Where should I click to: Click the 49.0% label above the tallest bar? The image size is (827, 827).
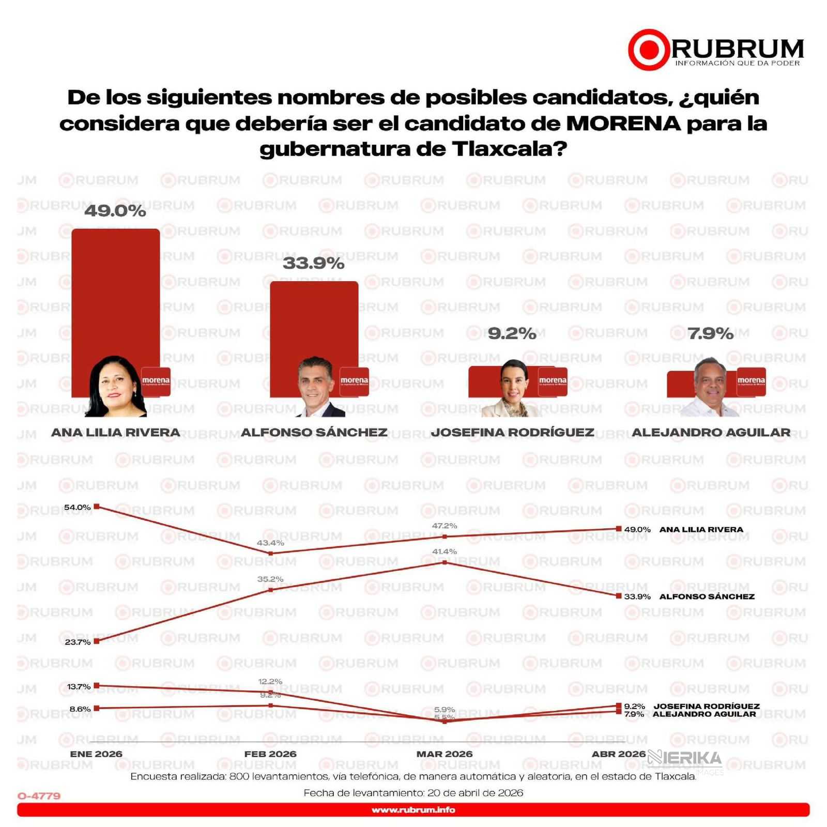(x=115, y=211)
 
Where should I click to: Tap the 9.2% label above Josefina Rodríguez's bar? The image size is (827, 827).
(x=512, y=334)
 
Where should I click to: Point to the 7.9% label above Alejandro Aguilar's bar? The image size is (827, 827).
(x=710, y=334)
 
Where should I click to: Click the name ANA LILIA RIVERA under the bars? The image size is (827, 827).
(x=116, y=432)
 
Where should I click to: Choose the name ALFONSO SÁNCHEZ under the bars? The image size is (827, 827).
(x=314, y=432)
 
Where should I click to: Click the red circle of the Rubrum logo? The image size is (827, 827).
(x=649, y=50)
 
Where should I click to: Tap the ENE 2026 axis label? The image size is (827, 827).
(x=96, y=754)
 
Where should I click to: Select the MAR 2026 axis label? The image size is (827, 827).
(x=445, y=754)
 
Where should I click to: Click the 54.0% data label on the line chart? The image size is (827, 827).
(x=78, y=507)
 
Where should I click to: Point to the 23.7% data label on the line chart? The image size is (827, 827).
(x=78, y=642)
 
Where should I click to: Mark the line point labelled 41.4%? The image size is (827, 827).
(x=445, y=562)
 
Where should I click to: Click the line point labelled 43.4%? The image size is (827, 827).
(x=271, y=554)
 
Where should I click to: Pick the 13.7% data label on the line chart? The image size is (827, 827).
(x=79, y=686)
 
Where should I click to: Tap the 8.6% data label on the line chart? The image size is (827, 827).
(x=80, y=709)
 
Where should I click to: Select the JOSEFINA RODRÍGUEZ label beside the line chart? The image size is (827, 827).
(x=707, y=706)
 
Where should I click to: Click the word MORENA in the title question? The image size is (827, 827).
(x=623, y=124)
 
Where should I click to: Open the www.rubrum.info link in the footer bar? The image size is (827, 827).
(x=413, y=810)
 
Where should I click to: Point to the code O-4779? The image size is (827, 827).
(x=39, y=796)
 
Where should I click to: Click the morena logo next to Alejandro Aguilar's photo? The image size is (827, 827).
(x=751, y=381)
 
